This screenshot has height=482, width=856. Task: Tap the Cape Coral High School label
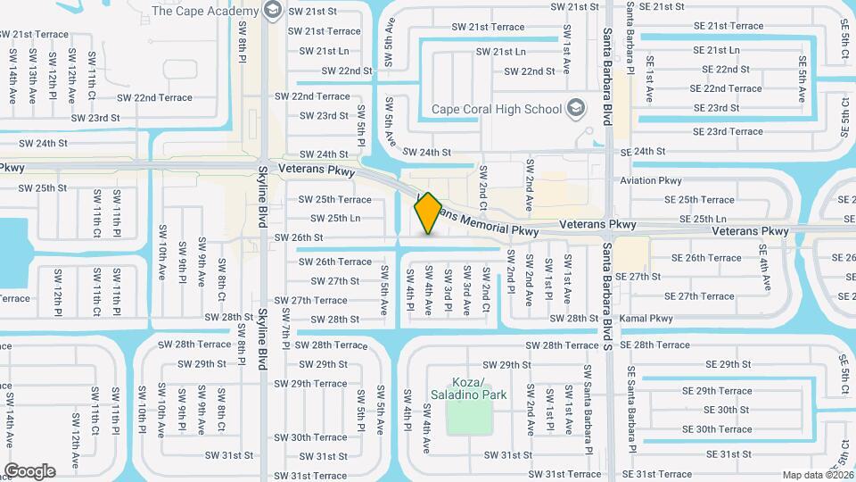[x=496, y=110]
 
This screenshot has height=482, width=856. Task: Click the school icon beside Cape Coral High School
[x=576, y=109]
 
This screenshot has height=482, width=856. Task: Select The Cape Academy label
[x=205, y=11]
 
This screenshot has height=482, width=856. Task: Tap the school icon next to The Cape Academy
[x=273, y=11]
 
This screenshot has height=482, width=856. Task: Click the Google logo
[x=29, y=470]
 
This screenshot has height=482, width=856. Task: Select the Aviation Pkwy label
[x=651, y=180]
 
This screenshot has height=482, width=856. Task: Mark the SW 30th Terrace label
[x=310, y=437]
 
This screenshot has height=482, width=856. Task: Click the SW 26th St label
[x=298, y=237]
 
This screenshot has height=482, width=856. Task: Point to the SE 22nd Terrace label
[x=727, y=88]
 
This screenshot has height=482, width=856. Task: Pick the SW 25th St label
[x=42, y=188]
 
